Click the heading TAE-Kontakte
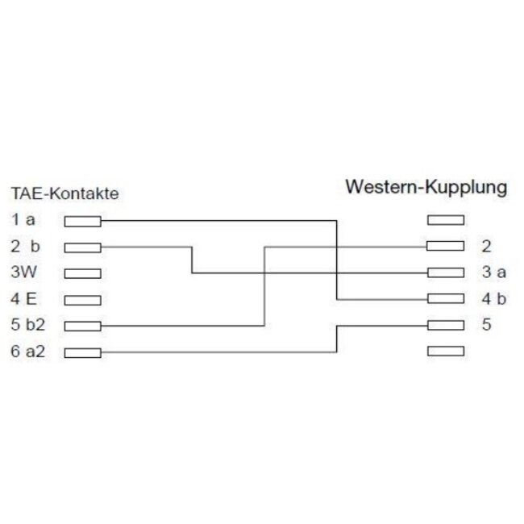pos(64,193)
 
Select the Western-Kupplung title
pos(426,188)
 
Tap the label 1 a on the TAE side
pos(23,220)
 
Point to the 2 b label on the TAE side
pos(26,247)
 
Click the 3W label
pos(23,272)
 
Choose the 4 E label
pos(23,299)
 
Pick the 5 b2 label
pos(27,325)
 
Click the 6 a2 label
pos(27,351)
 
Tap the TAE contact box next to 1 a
pos(82,221)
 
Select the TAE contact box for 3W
pos(82,274)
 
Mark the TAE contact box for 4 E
pos(82,300)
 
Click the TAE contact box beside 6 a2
pos(82,353)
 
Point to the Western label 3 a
pos(494,272)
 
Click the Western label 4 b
pos(494,299)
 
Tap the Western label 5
pos(487,325)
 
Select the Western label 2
pos(487,247)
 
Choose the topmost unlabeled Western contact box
pos(446,220)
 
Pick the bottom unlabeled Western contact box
pos(446,351)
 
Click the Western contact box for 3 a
pos(446,272)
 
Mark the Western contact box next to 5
pos(446,325)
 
